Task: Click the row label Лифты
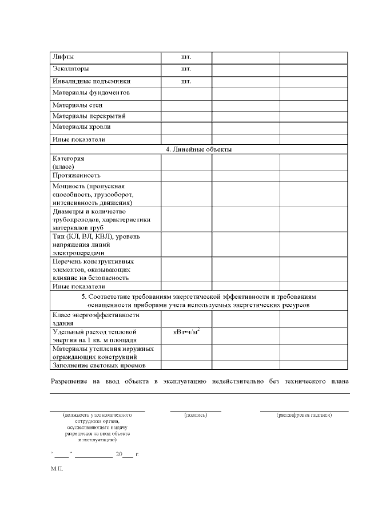point(63,57)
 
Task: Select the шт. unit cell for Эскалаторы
point(186,69)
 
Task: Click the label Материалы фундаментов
point(91,92)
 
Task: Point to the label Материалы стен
point(77,105)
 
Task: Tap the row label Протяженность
point(77,175)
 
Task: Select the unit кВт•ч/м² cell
point(186,332)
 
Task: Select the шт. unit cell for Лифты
point(186,57)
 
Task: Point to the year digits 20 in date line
point(119,454)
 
